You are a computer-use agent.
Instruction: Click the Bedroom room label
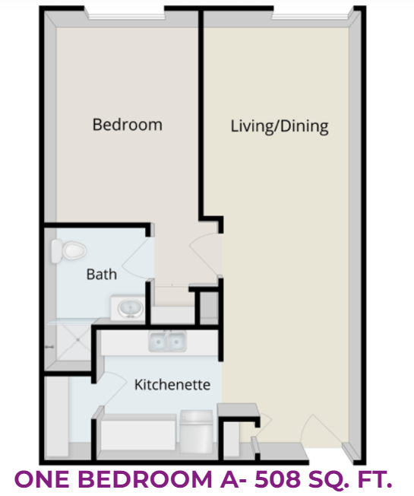128,125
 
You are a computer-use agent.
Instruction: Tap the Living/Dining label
280,126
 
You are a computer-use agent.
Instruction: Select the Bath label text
102,275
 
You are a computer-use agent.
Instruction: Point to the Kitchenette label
172,385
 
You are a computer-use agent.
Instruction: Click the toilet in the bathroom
68,251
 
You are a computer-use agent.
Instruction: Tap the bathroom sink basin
130,308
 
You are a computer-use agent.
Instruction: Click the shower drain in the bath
77,340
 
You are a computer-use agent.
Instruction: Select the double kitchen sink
167,342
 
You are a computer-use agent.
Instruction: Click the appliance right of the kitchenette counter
196,431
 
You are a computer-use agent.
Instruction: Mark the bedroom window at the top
126,14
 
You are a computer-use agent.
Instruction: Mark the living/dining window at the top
311,14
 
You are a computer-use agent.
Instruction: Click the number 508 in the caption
277,479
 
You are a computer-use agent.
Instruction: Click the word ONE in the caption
43,479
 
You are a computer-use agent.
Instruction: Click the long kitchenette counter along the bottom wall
138,432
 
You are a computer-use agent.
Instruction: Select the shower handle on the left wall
49,347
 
